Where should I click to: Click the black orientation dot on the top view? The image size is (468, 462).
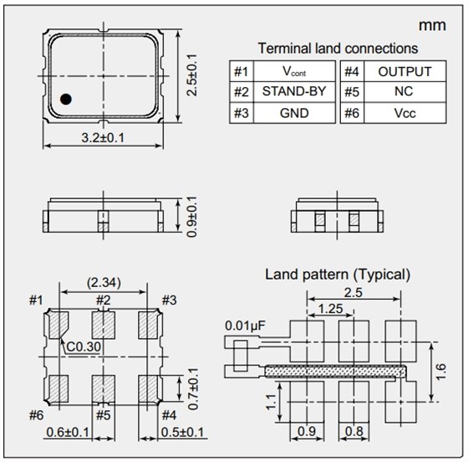point(66,99)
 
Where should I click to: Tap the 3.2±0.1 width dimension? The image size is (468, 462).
point(103,138)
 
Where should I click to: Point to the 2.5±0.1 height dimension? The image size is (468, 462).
point(191,75)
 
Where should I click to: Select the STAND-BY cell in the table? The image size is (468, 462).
point(294,91)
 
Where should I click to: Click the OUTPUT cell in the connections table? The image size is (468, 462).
point(405,71)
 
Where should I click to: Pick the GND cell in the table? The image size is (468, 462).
point(294,113)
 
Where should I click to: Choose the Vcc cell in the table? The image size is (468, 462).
point(405,113)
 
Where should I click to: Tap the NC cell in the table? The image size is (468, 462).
point(405,91)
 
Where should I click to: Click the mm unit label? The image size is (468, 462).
point(432,26)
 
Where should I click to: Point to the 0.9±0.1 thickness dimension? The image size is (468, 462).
point(191,217)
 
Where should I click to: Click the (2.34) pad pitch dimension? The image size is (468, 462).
point(104,282)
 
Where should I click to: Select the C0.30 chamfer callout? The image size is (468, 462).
point(84,347)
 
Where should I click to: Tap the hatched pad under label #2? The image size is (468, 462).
point(104,325)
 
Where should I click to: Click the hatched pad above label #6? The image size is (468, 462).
point(58,389)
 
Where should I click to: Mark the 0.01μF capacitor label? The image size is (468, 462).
point(245,326)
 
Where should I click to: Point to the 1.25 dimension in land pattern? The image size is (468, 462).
point(330,309)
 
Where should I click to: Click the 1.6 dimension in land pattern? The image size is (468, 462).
point(441,372)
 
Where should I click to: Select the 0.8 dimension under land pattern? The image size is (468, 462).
point(354,431)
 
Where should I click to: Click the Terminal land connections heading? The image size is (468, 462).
point(338,49)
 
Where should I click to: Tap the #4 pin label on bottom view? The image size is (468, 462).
point(169,415)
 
